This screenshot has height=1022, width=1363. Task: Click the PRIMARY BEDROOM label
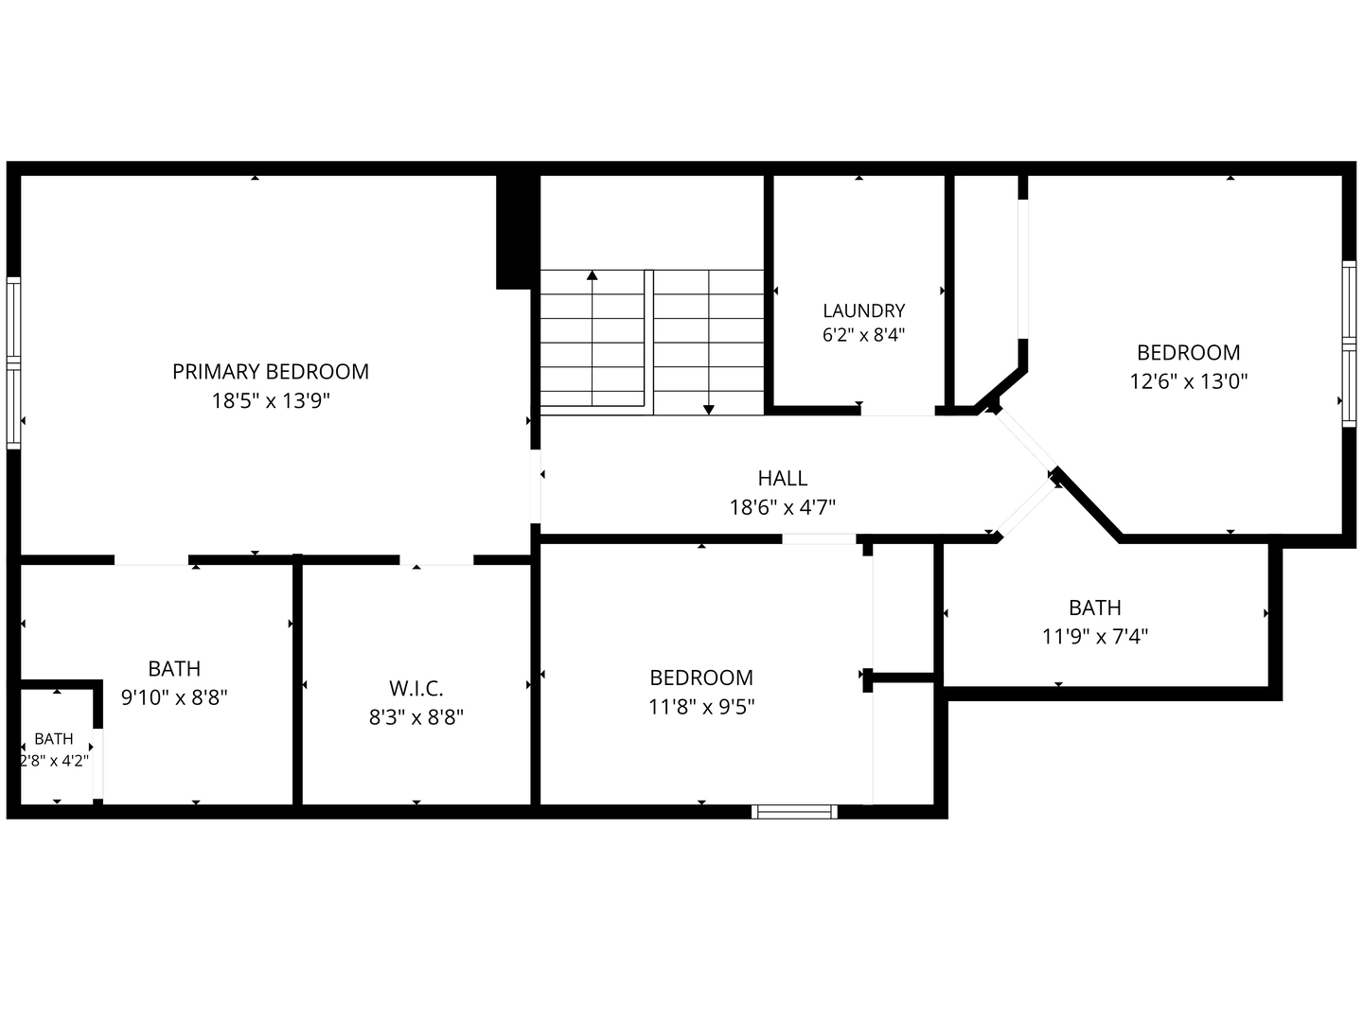pyautogui.click(x=270, y=372)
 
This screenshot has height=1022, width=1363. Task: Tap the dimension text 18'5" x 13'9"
pyautogui.click(x=270, y=401)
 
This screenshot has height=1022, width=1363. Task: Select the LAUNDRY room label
pyautogui.click(x=864, y=310)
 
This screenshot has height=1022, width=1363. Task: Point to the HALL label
pyautogui.click(x=783, y=478)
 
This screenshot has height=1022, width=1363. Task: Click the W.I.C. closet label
pyautogui.click(x=416, y=688)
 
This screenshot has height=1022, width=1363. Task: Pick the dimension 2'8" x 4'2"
pyautogui.click(x=55, y=761)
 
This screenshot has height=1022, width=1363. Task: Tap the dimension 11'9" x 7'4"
pyautogui.click(x=1095, y=637)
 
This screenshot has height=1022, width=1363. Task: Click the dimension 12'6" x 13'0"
pyautogui.click(x=1189, y=381)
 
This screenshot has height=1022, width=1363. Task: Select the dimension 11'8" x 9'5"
pyautogui.click(x=701, y=707)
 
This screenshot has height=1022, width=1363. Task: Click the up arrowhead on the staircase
pyautogui.click(x=593, y=274)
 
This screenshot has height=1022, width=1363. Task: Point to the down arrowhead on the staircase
pyautogui.click(x=709, y=410)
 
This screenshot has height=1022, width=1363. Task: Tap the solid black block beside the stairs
pyautogui.click(x=517, y=232)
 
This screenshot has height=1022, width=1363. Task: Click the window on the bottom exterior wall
pyautogui.click(x=794, y=812)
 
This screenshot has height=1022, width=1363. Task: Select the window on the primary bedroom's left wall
pyautogui.click(x=13, y=363)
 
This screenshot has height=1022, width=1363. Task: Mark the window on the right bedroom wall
pyautogui.click(x=1349, y=344)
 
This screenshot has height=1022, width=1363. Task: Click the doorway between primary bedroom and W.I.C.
pyautogui.click(x=436, y=560)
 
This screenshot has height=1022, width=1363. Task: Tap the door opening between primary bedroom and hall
pyautogui.click(x=536, y=486)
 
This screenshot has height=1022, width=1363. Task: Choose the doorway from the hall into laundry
pyautogui.click(x=898, y=411)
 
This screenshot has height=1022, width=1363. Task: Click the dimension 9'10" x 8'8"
pyautogui.click(x=174, y=698)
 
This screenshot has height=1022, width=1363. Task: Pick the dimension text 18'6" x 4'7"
pyautogui.click(x=783, y=507)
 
